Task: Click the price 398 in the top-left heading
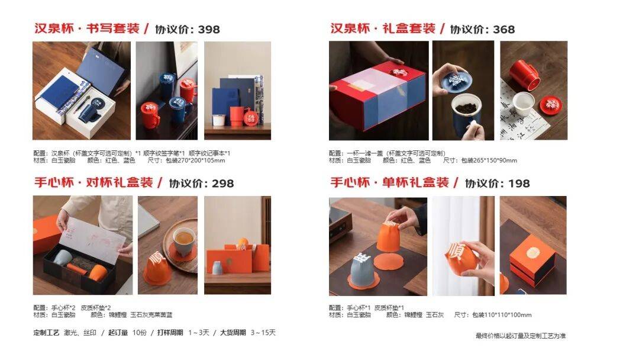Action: [x=209, y=29]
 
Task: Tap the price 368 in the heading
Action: [x=504, y=29]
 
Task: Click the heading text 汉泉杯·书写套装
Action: [x=86, y=28]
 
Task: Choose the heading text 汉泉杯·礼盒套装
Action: [x=382, y=28]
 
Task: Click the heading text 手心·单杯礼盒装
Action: [x=389, y=183]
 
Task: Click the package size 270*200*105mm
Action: [x=201, y=160]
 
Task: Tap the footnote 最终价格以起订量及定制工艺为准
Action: [x=521, y=336]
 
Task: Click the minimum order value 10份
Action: [x=140, y=333]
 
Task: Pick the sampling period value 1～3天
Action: [x=199, y=333]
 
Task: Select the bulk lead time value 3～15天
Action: [x=263, y=333]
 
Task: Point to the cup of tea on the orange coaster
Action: [x=183, y=240]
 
